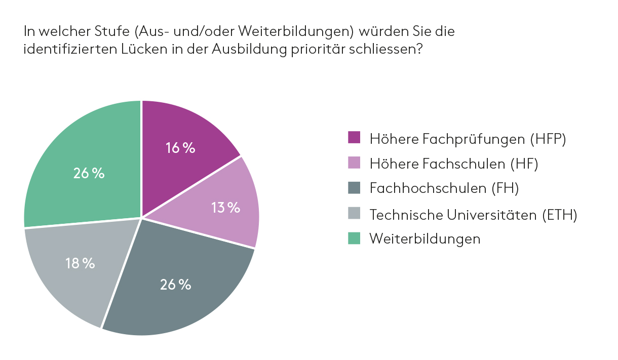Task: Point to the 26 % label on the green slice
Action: [x=89, y=173]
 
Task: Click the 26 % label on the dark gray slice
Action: [x=175, y=285]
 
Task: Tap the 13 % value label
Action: [x=225, y=208]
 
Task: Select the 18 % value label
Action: [x=80, y=263]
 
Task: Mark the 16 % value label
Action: [x=180, y=148]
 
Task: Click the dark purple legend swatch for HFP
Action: [x=354, y=138]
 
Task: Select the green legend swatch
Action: [x=354, y=238]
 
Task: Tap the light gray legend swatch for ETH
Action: [x=354, y=214]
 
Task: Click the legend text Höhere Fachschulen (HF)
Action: [x=453, y=164]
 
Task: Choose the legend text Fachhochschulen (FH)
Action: [x=444, y=188]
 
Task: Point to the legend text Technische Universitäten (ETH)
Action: [x=473, y=214]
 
